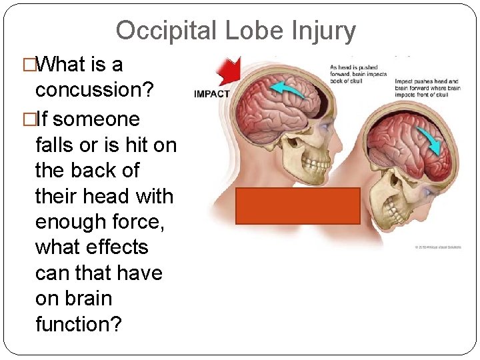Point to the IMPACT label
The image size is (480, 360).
211,93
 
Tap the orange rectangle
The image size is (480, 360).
297,205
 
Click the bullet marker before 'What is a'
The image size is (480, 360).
27,65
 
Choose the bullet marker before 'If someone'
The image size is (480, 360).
27,119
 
